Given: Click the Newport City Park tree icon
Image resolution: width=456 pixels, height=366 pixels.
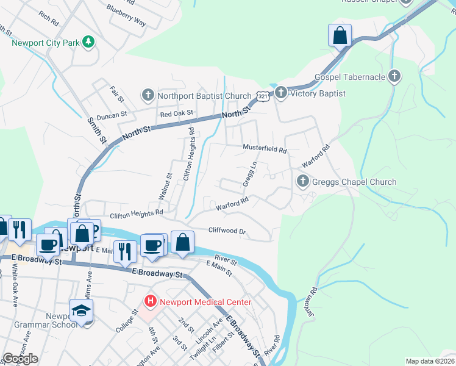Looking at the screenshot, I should pyautogui.click(x=89, y=41).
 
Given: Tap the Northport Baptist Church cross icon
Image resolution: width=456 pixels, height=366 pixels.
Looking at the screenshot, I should pyautogui.click(x=148, y=95).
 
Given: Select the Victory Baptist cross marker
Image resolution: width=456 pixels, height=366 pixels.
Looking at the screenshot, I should pyautogui.click(x=280, y=93).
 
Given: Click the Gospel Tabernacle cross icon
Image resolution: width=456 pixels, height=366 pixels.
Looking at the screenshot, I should pyautogui.click(x=394, y=77).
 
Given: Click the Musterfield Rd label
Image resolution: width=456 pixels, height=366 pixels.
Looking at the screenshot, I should pyautogui.click(x=265, y=148).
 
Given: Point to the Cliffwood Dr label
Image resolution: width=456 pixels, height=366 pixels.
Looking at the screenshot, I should pyautogui.click(x=227, y=231).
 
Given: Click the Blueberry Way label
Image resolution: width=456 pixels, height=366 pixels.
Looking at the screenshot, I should pyautogui.click(x=126, y=16).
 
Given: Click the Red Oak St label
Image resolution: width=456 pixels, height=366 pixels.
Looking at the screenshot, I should pyautogui.click(x=176, y=113).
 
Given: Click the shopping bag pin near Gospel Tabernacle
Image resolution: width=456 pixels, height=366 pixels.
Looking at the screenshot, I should pyautogui.click(x=340, y=35).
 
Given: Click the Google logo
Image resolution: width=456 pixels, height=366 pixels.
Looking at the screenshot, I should pyautogui.click(x=21, y=359).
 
